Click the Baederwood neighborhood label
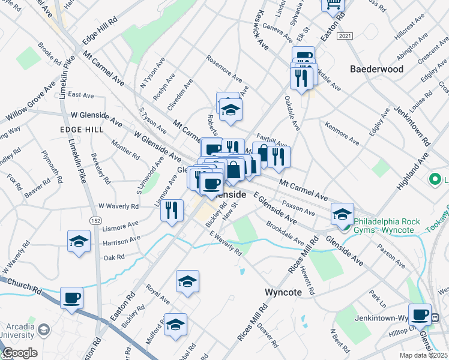coord(377,69)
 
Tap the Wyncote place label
coord(286,292)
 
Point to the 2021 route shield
coord(344,37)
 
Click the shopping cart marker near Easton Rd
coord(332,5)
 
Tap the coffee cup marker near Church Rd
coord(72,298)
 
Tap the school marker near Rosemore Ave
coord(230,110)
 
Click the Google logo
coord(19,353)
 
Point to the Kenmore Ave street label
coord(342,134)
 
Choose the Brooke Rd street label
coord(50,53)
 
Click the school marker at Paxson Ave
coord(342,214)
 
